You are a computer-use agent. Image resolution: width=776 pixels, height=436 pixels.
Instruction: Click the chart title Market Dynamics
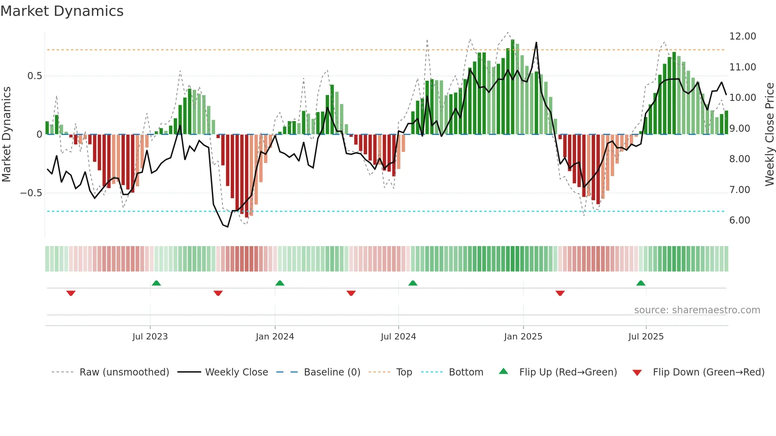click(62, 11)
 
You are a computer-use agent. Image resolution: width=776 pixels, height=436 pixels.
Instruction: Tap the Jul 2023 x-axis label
click(150, 337)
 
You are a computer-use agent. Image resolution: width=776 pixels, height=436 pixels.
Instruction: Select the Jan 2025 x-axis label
click(523, 337)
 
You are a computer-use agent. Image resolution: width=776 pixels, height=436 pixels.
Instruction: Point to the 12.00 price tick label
click(742, 36)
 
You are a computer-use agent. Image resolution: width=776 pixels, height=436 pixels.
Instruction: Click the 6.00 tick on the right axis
click(740, 220)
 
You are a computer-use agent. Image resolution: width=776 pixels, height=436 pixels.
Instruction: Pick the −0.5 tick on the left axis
click(31, 193)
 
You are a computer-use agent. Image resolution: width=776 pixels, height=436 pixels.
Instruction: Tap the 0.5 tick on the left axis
click(34, 76)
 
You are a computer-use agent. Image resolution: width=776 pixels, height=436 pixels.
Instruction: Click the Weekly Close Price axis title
click(769, 135)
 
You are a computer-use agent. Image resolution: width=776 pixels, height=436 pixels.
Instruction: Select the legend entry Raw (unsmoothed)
click(124, 372)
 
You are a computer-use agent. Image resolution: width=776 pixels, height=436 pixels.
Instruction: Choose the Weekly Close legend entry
click(236, 372)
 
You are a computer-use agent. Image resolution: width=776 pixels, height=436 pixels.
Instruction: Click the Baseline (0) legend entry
click(332, 372)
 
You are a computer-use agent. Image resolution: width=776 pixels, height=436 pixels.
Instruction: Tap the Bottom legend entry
click(466, 372)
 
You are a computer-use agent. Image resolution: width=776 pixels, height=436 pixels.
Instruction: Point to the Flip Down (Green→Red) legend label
click(708, 372)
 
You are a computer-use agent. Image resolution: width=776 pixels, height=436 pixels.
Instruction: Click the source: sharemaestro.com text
click(697, 310)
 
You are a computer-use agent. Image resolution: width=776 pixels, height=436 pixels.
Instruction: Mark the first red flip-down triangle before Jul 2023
click(71, 293)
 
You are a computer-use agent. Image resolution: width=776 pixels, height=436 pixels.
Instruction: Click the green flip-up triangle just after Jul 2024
click(413, 283)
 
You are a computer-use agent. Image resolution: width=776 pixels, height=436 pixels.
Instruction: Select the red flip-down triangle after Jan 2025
click(560, 293)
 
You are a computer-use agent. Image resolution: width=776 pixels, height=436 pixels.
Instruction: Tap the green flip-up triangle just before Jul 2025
click(641, 283)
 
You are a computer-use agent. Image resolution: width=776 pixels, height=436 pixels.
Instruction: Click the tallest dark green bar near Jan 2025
click(513, 87)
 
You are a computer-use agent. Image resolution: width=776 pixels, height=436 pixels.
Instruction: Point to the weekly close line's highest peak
click(536, 43)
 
